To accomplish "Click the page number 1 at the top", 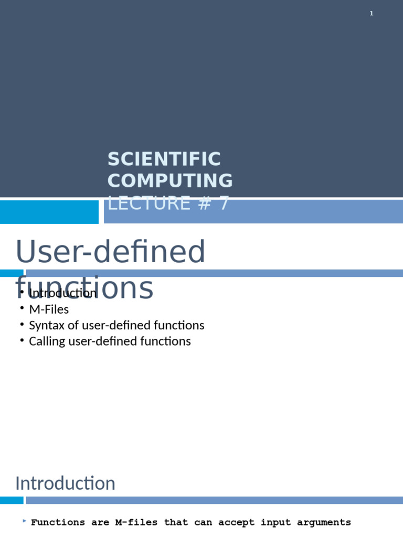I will [372, 14].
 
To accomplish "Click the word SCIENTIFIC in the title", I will [164, 159].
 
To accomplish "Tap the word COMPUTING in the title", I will [170, 180].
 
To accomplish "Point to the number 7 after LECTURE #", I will [224, 203].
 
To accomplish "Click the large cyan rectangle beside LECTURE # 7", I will [49, 212].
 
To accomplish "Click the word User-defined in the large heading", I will [110, 252].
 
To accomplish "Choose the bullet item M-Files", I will [49, 309].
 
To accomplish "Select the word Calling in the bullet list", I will [47, 341].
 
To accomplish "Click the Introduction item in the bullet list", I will [63, 293].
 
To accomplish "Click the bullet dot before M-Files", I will [22, 308].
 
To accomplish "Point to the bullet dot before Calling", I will [22, 340].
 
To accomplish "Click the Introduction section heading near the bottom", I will [65, 483].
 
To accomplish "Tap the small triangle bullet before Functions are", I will [25, 521].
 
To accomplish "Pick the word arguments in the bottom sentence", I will [324, 522].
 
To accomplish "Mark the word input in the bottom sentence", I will [275, 522].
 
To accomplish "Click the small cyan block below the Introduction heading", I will [12, 500].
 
